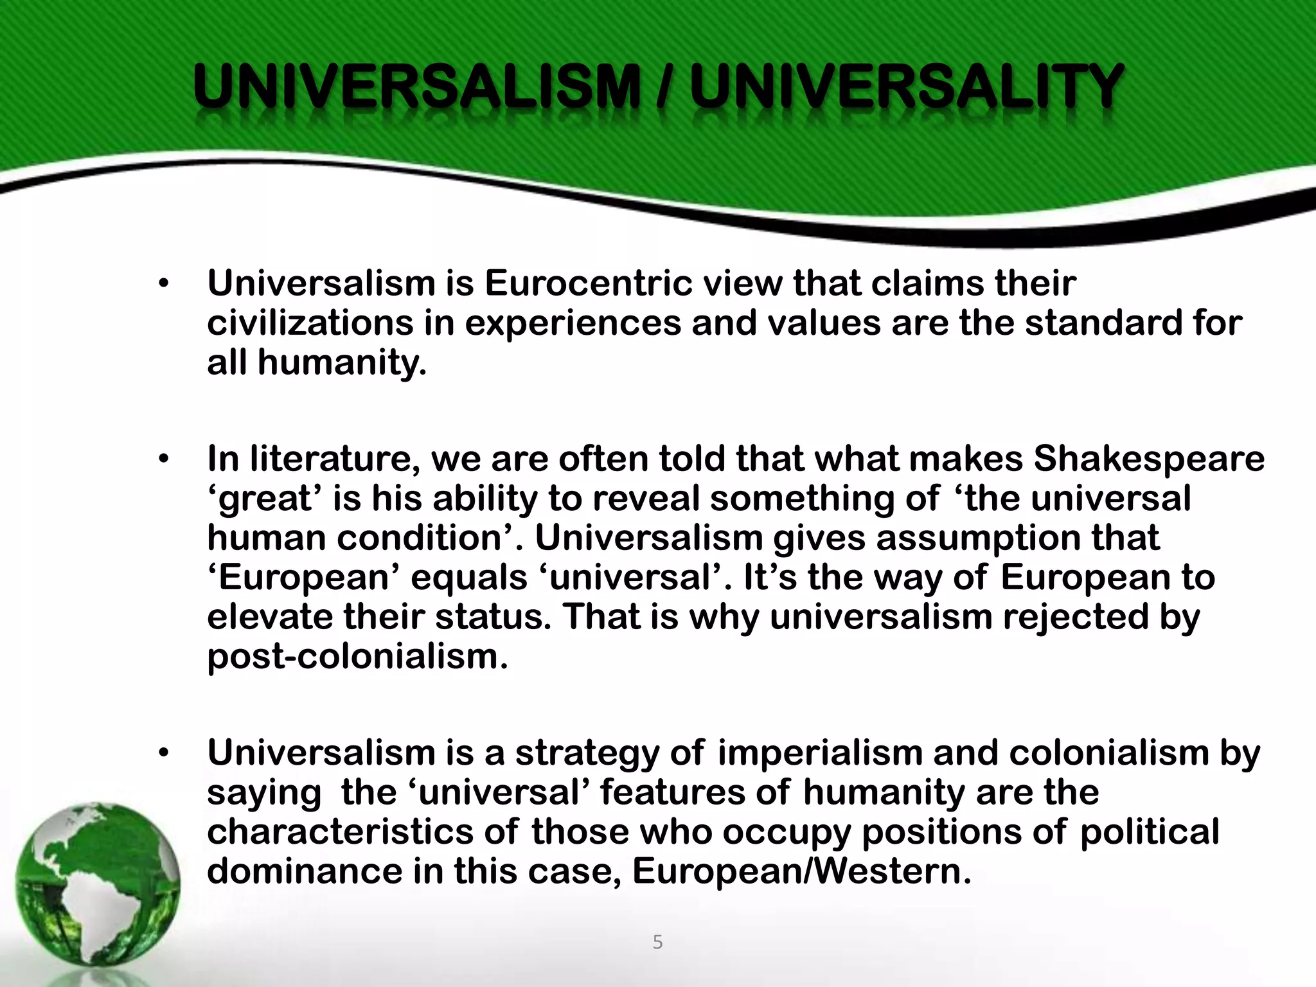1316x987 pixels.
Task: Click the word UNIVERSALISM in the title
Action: (416, 87)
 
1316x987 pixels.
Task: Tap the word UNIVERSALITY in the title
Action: (905, 87)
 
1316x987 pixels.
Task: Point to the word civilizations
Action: (310, 323)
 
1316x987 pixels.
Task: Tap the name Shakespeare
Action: (1149, 459)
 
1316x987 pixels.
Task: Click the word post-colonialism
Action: (357, 657)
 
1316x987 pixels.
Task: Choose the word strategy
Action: (587, 753)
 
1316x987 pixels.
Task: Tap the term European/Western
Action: (801, 871)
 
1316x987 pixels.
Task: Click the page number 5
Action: (657, 943)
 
